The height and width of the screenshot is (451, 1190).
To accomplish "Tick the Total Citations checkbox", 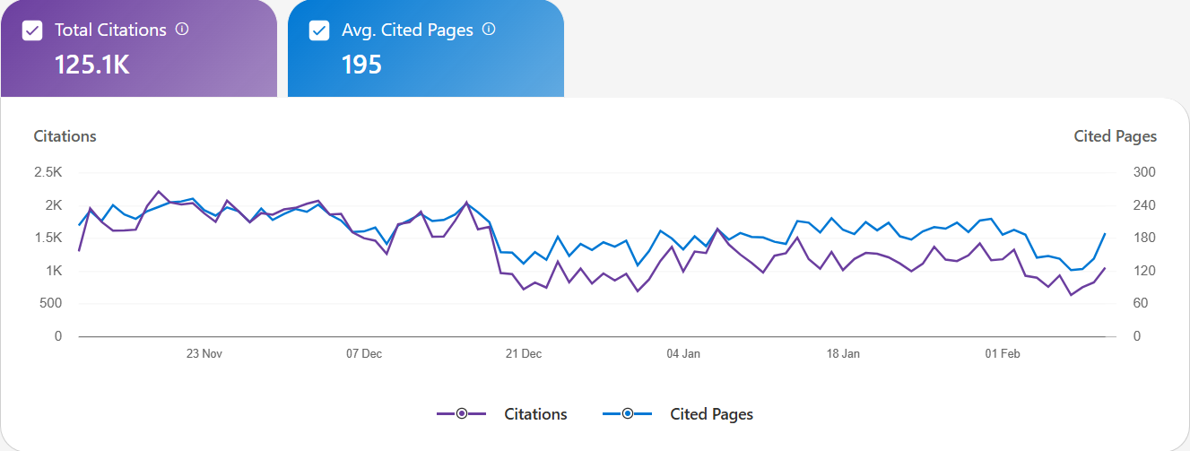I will pos(32,30).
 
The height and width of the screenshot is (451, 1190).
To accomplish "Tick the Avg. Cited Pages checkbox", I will pos(319,30).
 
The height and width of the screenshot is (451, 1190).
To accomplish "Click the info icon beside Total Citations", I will pos(182,29).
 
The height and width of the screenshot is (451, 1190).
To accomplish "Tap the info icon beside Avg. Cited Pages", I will pos(489,29).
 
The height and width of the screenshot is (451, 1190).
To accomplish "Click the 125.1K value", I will pos(92,65).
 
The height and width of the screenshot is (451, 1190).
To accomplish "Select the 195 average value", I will pos(362,65).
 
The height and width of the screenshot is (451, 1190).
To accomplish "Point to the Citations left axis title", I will pos(65,136).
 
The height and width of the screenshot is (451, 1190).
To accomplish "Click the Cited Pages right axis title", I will pos(1115,136).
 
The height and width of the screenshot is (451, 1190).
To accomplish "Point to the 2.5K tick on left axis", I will pos(48,172).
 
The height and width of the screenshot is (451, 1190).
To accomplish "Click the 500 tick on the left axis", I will pos(50,303).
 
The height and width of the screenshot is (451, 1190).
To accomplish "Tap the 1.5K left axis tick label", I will pos(48,238).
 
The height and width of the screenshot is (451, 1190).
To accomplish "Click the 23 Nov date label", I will pos(204,353).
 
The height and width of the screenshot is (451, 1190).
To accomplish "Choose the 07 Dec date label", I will pos(364,353).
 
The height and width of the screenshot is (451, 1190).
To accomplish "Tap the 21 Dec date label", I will pos(524,353).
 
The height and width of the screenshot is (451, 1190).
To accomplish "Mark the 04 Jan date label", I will pos(683,353).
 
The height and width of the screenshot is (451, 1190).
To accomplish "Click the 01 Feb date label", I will pos(1003,353).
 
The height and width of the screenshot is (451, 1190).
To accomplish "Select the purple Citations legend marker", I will pos(461,413).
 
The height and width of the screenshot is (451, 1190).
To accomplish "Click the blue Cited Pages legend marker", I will pos(628,413).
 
